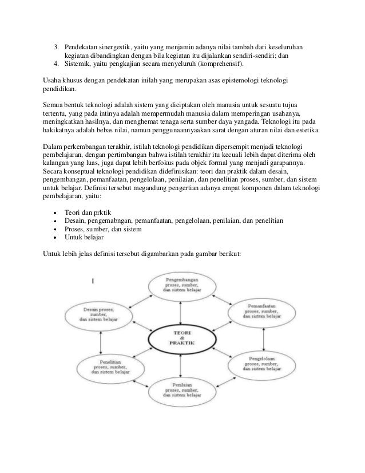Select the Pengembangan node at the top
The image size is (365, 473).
pyautogui.click(x=181, y=287)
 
